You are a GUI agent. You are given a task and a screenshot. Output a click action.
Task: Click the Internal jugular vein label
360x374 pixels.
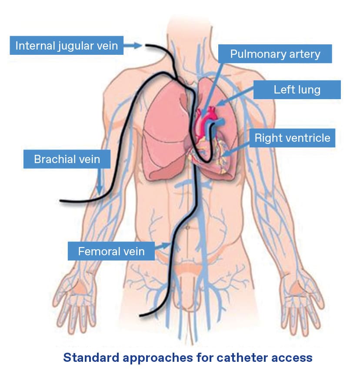(x=67, y=46)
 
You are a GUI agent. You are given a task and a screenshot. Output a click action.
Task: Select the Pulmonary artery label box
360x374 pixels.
(x=275, y=54)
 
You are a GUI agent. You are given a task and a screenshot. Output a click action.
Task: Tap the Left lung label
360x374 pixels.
(x=297, y=90)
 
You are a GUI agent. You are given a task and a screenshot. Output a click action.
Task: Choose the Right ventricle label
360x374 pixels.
(x=292, y=138)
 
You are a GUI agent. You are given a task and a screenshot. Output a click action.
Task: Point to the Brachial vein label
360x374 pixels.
(x=67, y=159)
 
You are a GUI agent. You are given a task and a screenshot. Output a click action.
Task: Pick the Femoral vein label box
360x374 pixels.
(x=111, y=251)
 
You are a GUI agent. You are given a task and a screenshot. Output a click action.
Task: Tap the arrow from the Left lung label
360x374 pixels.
(x=235, y=98)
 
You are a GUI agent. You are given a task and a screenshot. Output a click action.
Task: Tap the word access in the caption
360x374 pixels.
(x=293, y=357)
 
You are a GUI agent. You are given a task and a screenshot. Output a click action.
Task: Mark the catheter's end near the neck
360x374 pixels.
(x=147, y=45)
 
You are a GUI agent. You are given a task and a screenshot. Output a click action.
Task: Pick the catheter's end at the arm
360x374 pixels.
(x=61, y=201)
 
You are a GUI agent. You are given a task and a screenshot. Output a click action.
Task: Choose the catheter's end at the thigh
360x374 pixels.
(x=139, y=315)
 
